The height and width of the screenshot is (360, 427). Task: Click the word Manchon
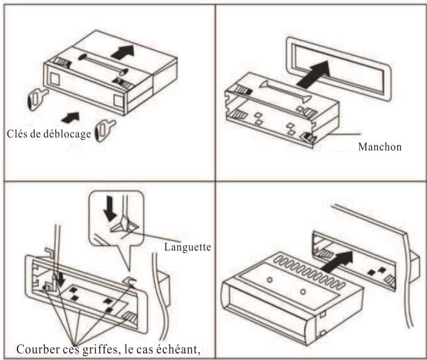click(379, 147)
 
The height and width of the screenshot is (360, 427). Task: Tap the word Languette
click(187, 247)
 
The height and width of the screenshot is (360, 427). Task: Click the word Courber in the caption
click(38, 349)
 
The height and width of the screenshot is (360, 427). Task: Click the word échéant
click(177, 349)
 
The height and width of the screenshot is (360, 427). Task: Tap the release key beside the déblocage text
click(105, 130)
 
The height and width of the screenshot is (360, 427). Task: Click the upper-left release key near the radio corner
click(37, 99)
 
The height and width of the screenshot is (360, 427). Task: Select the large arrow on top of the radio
click(123, 52)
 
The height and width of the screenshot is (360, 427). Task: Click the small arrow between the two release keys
click(70, 117)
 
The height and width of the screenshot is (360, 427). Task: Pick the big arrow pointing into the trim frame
click(314, 74)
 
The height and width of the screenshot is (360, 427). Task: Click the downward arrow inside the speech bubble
click(110, 208)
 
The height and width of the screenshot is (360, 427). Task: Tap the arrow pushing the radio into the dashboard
click(337, 262)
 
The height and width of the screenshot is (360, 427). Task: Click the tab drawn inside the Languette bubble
click(125, 226)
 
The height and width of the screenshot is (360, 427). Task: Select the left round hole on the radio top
click(270, 280)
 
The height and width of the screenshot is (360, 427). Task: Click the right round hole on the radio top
click(303, 292)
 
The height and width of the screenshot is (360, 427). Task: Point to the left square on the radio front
click(55, 79)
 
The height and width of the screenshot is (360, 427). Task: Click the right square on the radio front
click(119, 101)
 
